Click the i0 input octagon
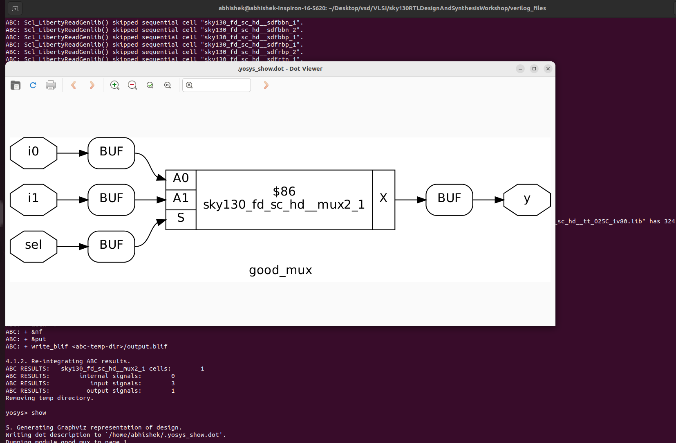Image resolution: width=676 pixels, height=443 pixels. (34, 153)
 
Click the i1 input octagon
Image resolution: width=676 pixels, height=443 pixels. (34, 200)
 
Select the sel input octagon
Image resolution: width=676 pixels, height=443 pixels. (34, 246)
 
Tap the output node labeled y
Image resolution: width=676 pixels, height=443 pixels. (527, 200)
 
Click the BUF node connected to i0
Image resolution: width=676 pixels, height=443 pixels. (111, 153)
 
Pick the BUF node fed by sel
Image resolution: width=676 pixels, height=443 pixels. (111, 246)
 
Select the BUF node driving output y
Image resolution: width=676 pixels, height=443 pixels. (449, 200)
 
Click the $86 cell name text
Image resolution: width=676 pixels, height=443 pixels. (284, 191)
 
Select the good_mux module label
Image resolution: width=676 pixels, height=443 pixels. (280, 270)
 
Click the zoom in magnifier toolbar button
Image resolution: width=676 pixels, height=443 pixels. (115, 85)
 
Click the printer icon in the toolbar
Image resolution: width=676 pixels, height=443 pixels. (51, 85)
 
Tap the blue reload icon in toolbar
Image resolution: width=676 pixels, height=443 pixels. (33, 85)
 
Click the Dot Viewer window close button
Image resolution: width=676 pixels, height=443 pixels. (548, 69)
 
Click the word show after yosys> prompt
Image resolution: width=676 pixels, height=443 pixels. (39, 413)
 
